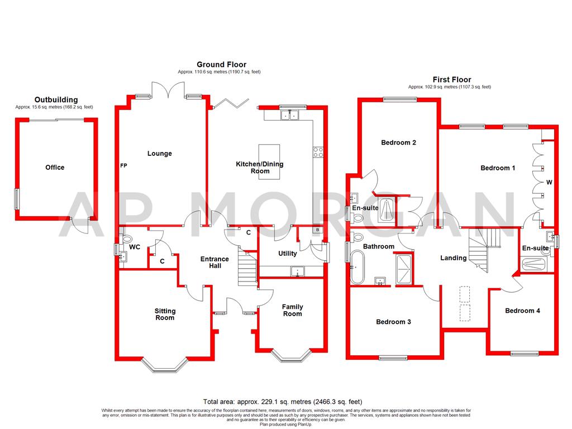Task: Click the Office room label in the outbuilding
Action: coord(55,168)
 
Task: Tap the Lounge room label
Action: coord(160,154)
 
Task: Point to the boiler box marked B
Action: coord(317,230)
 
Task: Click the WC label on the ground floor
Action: coord(134,246)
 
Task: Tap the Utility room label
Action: coord(288,254)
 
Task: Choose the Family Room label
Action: coord(292,310)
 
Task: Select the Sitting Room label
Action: coord(165,314)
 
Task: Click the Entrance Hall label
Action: coord(215,263)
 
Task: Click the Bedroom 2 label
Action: coord(399,142)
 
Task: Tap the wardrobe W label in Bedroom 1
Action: coord(549,182)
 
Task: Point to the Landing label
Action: coord(454,258)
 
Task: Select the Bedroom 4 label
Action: coord(522,311)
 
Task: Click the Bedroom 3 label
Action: coord(393,322)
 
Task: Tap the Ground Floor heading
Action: coord(221,65)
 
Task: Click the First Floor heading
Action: coord(452,80)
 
